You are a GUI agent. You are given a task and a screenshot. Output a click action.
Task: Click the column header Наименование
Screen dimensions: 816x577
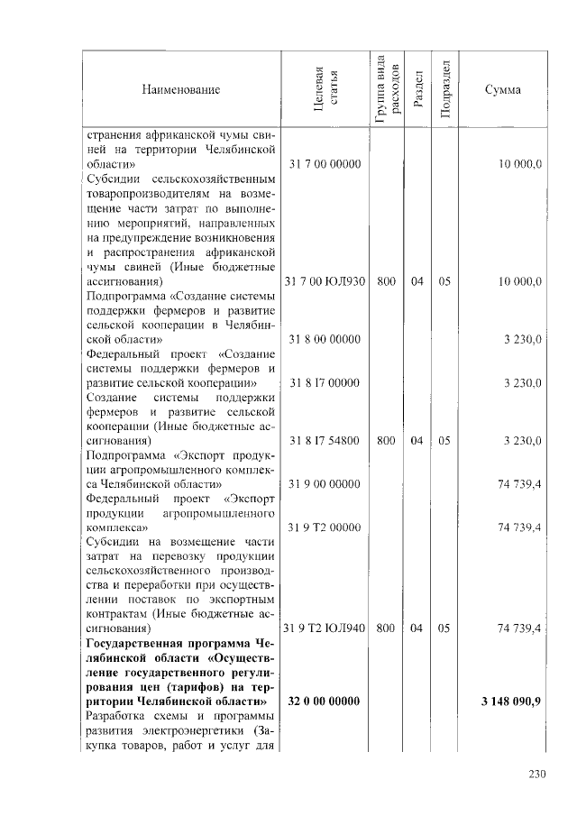point(180,89)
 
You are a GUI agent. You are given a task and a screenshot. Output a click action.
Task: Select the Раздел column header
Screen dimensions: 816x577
point(417,88)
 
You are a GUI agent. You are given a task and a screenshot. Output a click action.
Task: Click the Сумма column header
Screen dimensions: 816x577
point(502,89)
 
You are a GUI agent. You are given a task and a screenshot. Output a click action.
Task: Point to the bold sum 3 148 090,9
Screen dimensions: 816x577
point(511,701)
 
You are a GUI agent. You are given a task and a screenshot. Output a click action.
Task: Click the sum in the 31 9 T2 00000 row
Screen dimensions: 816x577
point(519,527)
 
